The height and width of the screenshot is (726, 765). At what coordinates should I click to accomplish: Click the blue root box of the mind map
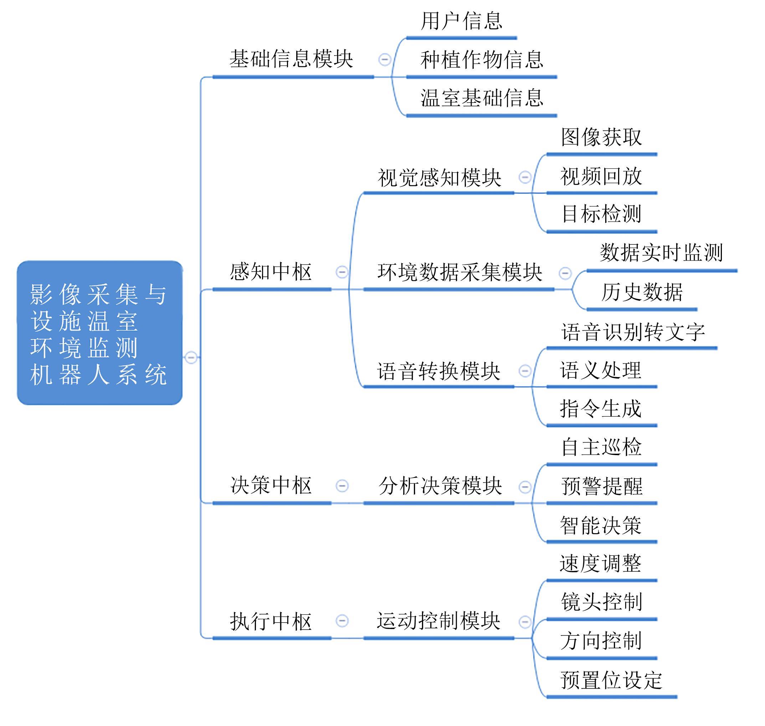pos(99,333)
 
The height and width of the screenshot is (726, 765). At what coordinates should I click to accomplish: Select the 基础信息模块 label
pos(291,59)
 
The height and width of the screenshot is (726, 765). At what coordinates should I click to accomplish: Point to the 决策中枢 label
pos(271,485)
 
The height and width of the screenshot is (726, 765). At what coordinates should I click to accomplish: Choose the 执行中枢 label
pos(271,621)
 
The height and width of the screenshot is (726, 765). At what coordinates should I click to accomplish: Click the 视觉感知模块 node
pos(440,177)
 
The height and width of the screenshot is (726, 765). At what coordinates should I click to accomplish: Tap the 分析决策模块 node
pos(440,486)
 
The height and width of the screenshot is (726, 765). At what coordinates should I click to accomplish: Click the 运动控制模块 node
pos(438,621)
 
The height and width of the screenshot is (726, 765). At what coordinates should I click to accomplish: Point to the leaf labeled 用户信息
pos(462,21)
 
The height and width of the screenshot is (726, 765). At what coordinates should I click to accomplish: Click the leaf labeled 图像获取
pos(602,137)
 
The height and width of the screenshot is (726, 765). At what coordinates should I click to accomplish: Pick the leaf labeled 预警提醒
pos(602,486)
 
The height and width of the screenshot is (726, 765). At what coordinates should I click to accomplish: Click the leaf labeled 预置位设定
pos(612,680)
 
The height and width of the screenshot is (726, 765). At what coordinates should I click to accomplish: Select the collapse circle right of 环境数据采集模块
pos(565,273)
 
